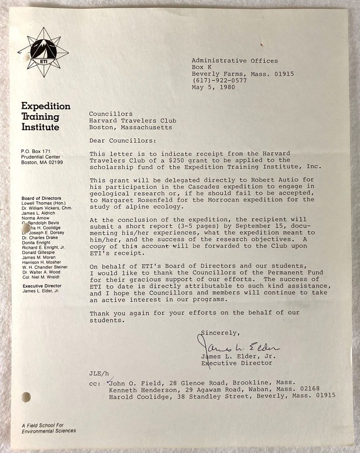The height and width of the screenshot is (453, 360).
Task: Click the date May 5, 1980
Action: pos(213,87)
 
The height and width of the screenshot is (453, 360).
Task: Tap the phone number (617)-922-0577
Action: pos(219,81)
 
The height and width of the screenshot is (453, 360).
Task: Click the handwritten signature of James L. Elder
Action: pos(240,347)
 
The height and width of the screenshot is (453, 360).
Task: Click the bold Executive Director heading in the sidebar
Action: pos(42,286)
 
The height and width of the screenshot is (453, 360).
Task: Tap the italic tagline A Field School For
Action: pos(43,424)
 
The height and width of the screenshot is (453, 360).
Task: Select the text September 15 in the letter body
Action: pos(257,226)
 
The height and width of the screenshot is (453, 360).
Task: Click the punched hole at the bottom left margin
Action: pos(26,397)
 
